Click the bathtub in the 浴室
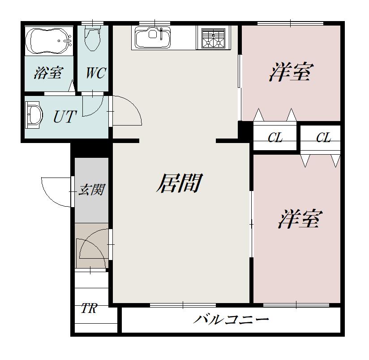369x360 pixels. click(49, 41)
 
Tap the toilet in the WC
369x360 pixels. click(93, 38)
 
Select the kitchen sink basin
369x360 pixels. click(153, 37)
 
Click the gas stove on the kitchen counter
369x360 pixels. click(214, 38)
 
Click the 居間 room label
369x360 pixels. click(179, 183)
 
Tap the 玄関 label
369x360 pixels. click(92, 190)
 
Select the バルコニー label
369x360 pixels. click(231, 320)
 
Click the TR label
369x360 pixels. click(89, 308)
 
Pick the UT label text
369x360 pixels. click(65, 117)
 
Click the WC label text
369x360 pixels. click(96, 73)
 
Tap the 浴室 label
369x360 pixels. click(48, 73)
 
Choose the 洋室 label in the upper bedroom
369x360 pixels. click(292, 72)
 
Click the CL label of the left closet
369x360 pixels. click(275, 137)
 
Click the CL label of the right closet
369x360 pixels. click(324, 137)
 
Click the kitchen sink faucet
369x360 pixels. click(161, 34)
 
